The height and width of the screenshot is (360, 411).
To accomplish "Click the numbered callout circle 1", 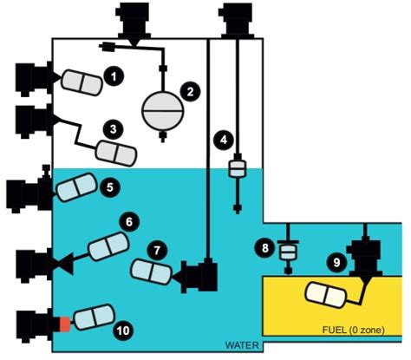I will point(112,77).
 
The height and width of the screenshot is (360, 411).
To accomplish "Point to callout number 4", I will point(223,138).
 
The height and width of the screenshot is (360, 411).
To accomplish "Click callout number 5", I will point(109,185).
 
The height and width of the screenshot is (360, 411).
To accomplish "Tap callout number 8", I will point(265,248).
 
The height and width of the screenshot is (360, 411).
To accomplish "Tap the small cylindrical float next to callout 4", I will point(237,167).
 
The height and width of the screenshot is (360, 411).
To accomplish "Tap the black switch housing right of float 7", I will point(200,276).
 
